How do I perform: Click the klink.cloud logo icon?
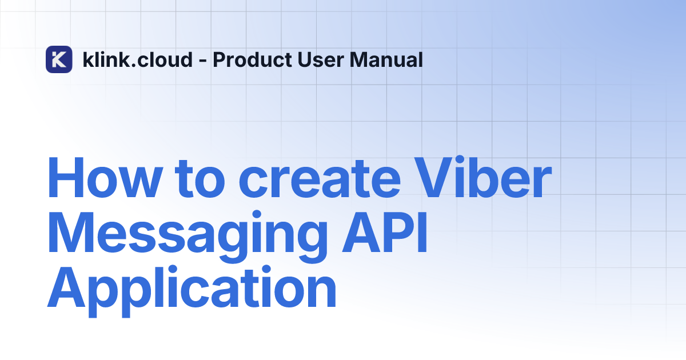click(x=59, y=59)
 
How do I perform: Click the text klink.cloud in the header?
click(x=138, y=59)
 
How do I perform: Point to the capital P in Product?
click(x=218, y=59)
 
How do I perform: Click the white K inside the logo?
click(x=58, y=59)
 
